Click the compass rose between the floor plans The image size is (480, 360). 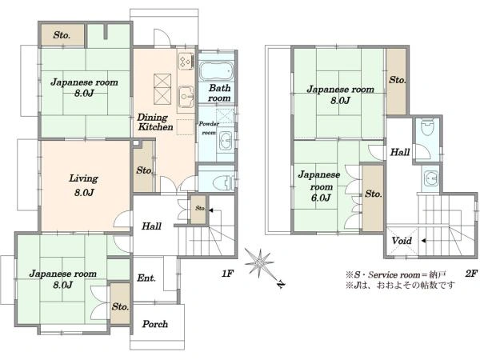(259, 262)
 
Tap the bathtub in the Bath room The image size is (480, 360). (217, 71)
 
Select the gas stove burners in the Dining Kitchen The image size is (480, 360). (186, 60)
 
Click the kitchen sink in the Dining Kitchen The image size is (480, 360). (186, 97)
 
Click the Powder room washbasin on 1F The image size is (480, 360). (226, 141)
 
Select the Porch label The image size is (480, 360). (155, 324)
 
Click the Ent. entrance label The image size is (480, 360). (146, 278)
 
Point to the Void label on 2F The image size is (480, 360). (402, 241)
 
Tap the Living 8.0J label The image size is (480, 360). (83, 186)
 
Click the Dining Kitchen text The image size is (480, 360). (155, 122)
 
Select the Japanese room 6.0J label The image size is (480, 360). (319, 186)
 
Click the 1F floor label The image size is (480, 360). (227, 274)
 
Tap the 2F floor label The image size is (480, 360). (471, 274)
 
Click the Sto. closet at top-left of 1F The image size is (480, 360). (62, 35)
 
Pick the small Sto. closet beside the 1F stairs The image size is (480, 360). (198, 209)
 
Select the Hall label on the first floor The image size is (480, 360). (151, 226)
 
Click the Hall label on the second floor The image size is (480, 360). (400, 152)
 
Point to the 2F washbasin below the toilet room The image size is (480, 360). (431, 178)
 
